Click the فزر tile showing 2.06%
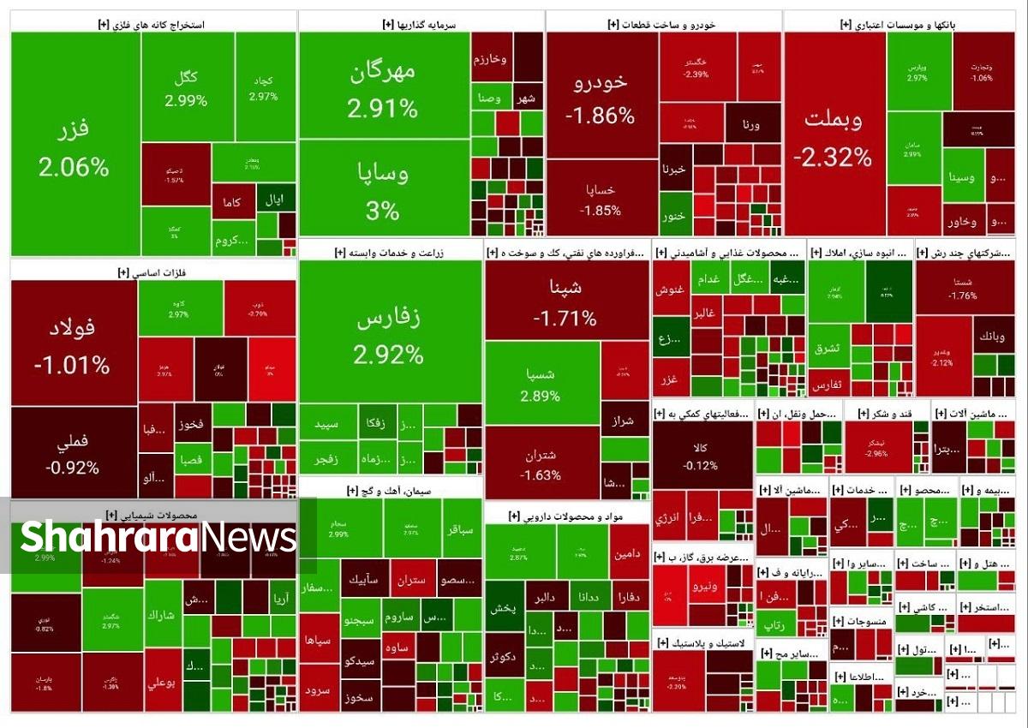(x=75, y=146)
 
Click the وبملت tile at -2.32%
(x=834, y=137)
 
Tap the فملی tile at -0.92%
(x=73, y=454)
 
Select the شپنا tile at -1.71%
(x=565, y=301)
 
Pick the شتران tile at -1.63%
(x=541, y=462)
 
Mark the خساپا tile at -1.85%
(x=601, y=199)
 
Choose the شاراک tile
(x=162, y=615)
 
